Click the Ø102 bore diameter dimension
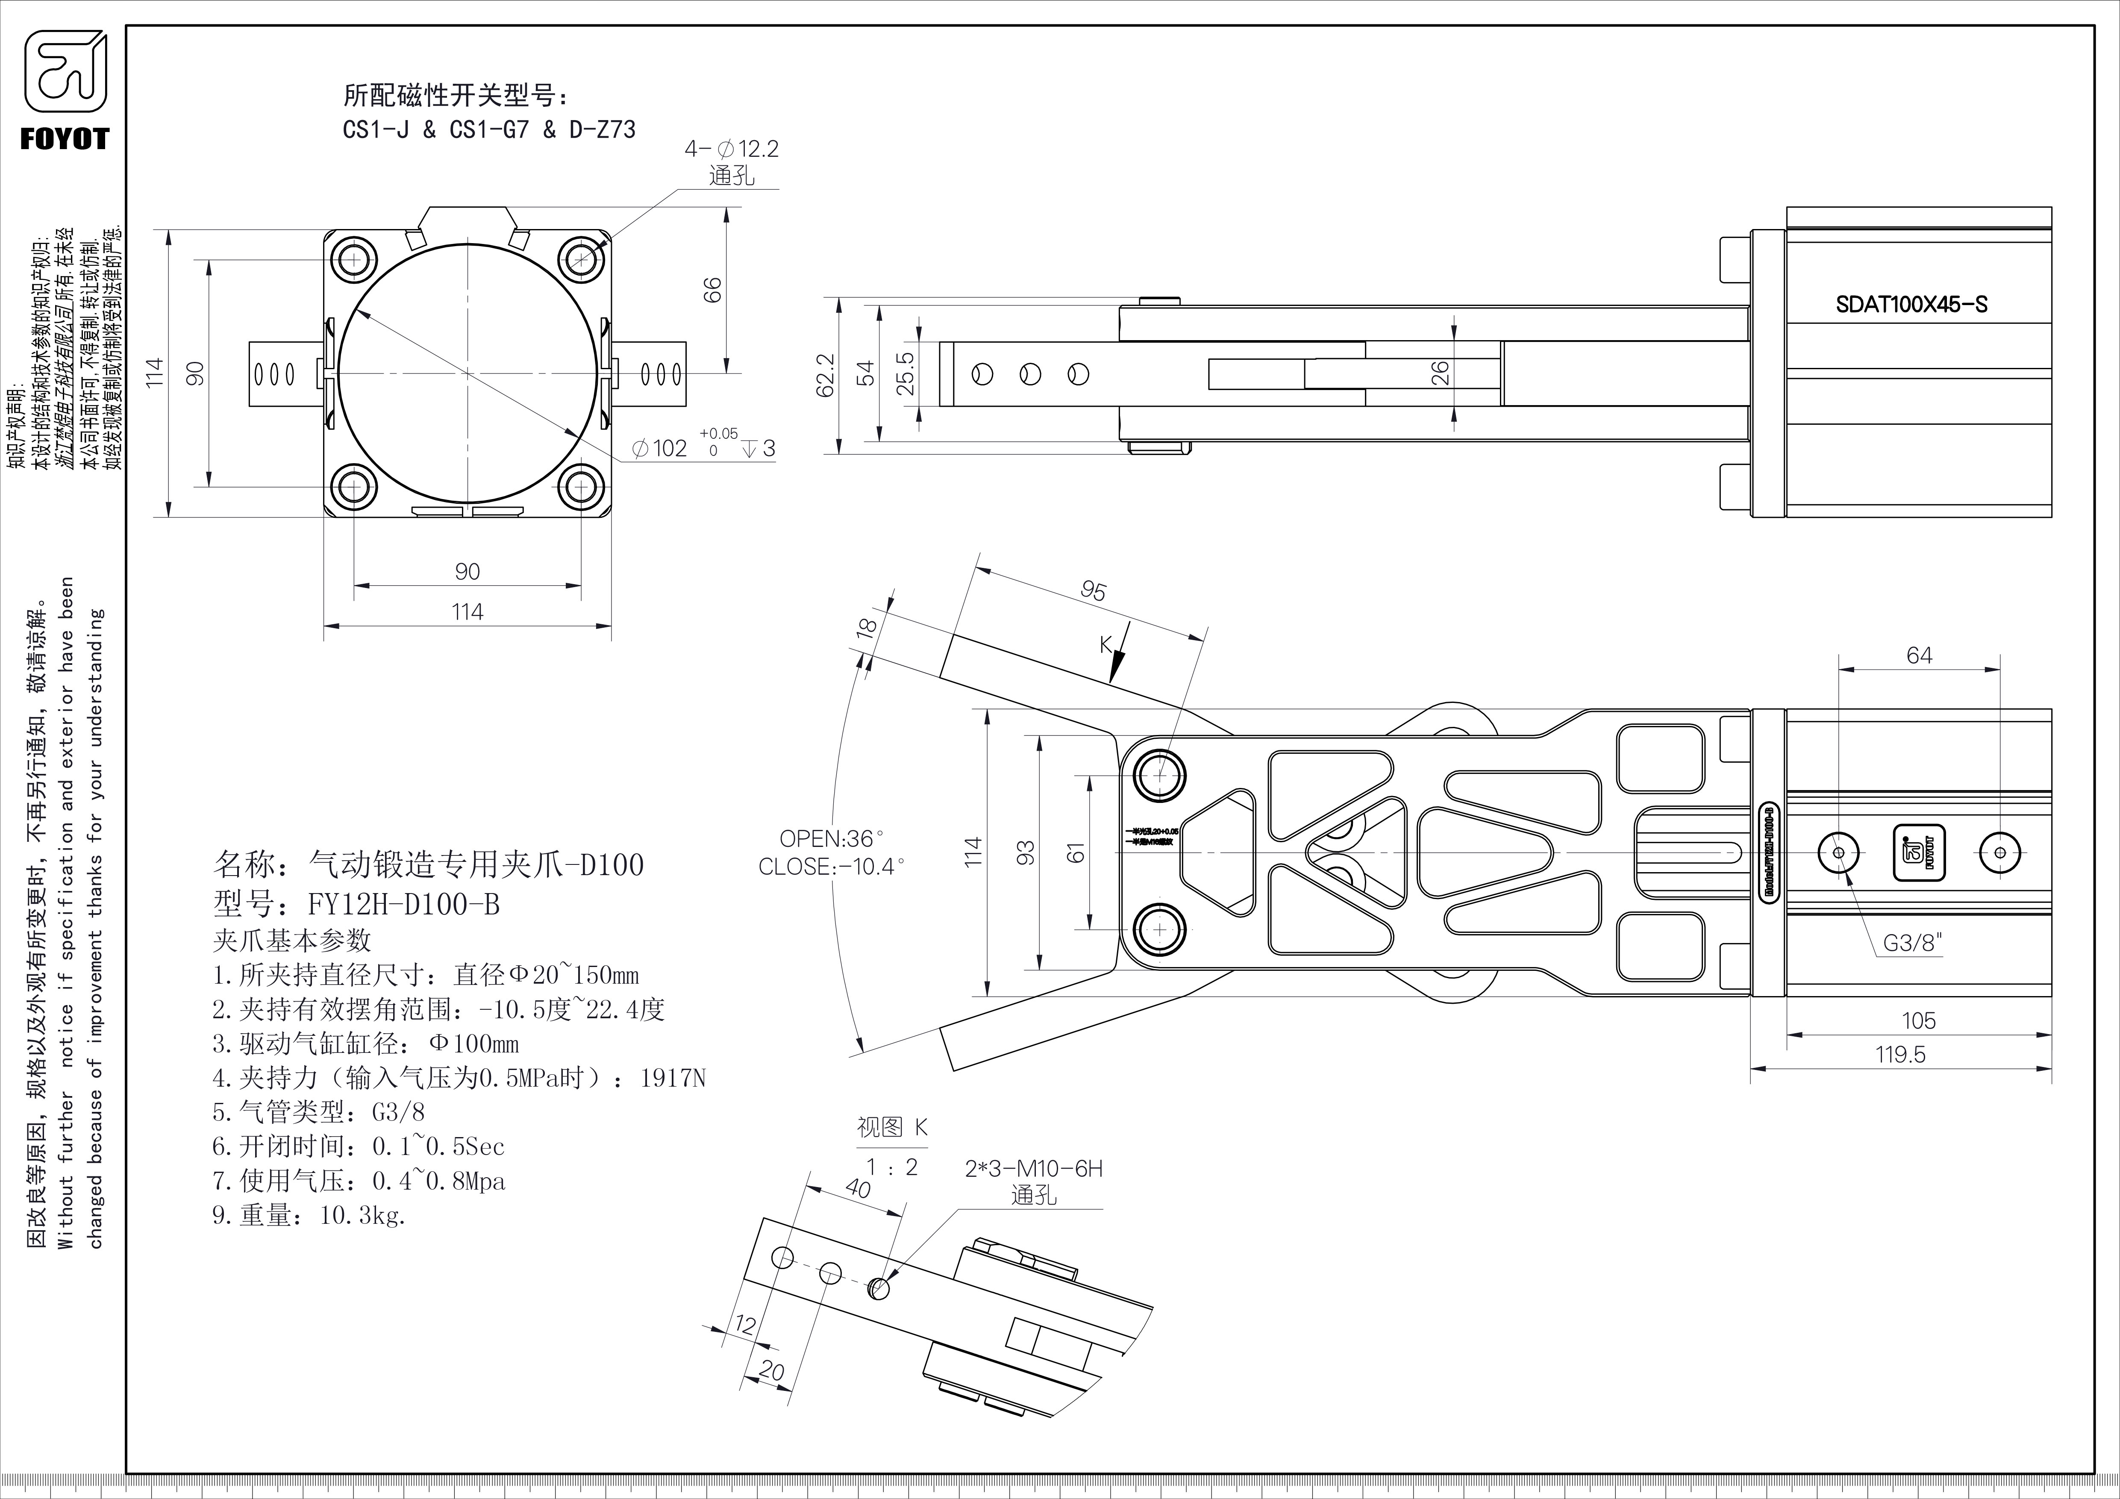click(x=660, y=449)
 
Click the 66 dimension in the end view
click(x=712, y=290)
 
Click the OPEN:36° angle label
click(x=831, y=838)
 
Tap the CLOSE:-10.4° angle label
click(x=831, y=867)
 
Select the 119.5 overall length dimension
click(x=1900, y=1054)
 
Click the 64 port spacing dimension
click(x=1919, y=655)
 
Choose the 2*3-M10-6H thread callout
click(x=1033, y=1169)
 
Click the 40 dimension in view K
click(x=858, y=1189)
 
